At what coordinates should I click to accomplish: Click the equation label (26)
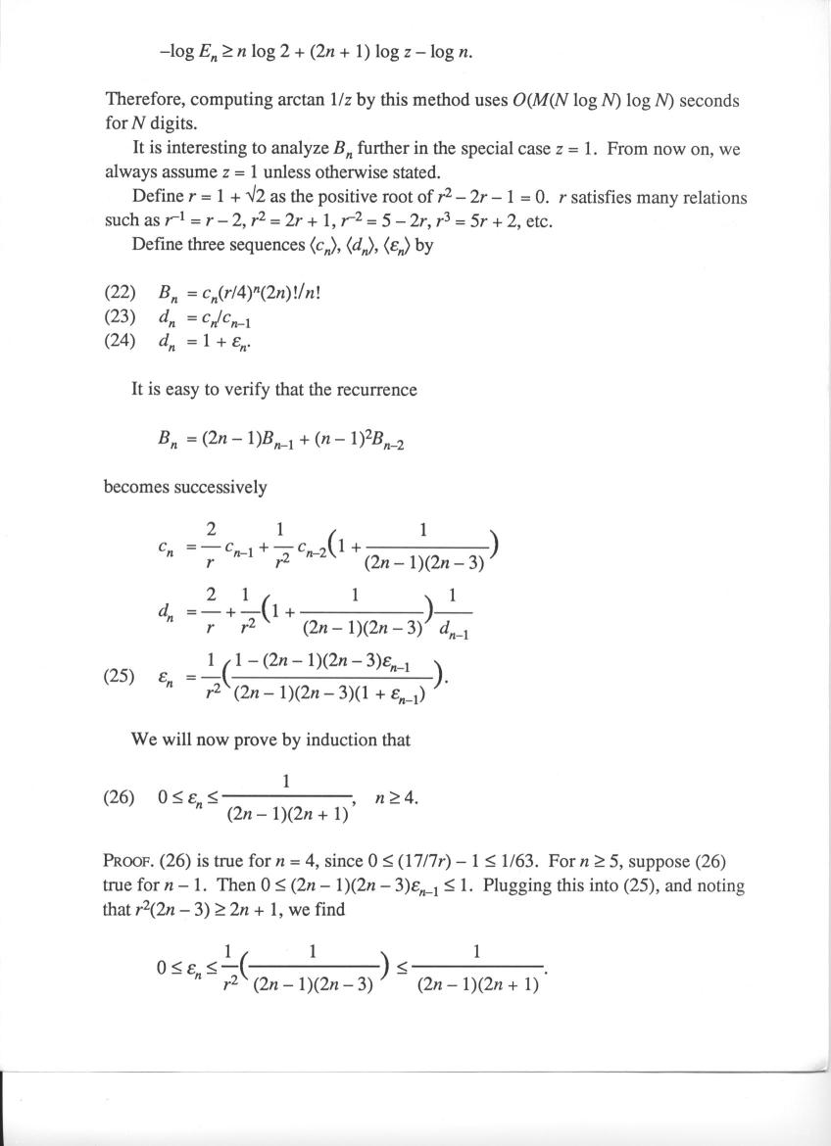(x=121, y=797)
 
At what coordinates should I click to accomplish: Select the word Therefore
(x=143, y=100)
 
